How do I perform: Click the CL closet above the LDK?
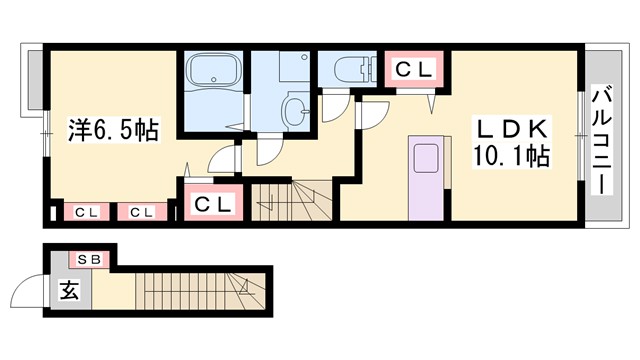point(414,69)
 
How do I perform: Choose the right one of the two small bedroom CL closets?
point(140,212)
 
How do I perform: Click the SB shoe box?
point(88,259)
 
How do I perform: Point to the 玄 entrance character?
point(69,292)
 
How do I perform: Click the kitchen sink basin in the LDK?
point(424,157)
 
